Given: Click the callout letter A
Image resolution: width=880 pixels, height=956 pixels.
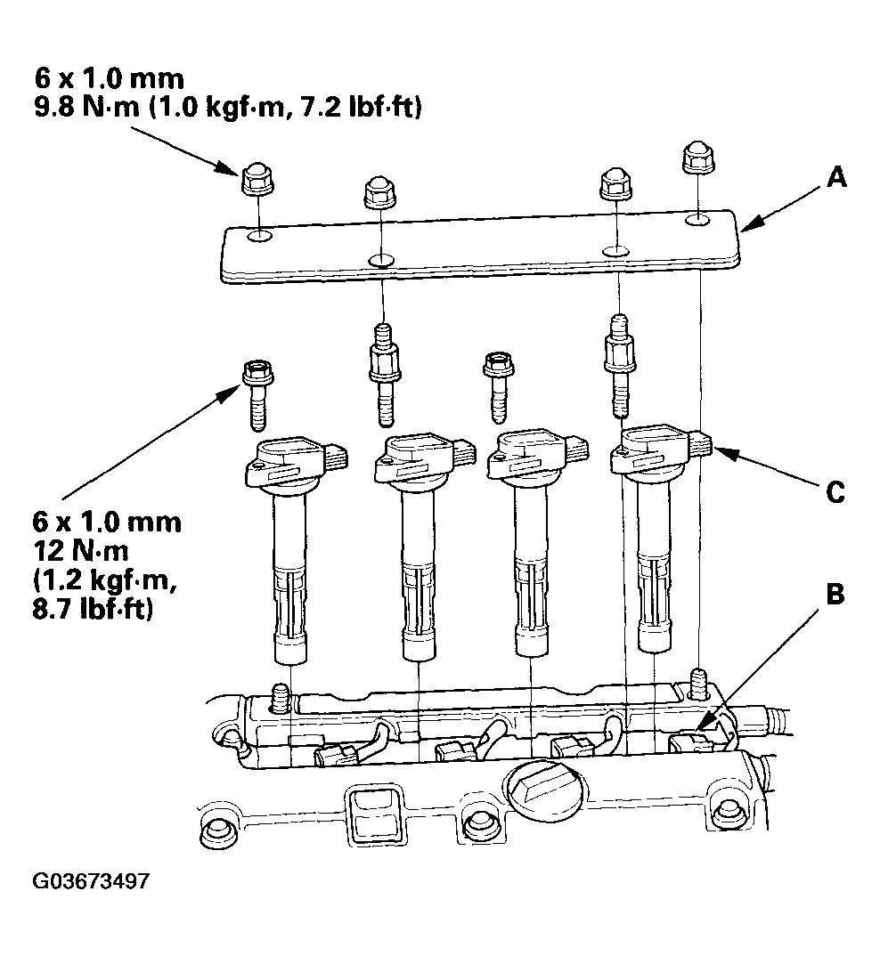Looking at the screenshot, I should pos(835,179).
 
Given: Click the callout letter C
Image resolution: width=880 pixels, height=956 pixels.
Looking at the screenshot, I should pos(835,491).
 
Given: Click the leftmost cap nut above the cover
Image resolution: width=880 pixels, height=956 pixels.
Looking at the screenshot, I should pos(257,182).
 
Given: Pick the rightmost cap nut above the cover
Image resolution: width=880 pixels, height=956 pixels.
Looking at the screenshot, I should pos(697,160).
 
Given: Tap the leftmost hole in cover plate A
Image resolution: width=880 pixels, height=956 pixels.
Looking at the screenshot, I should pos(258,235).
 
